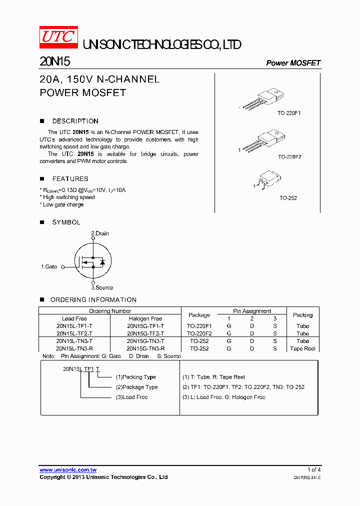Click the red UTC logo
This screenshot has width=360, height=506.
(x=58, y=38)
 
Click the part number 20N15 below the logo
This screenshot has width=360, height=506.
(x=54, y=62)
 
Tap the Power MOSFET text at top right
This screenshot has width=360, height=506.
(x=293, y=63)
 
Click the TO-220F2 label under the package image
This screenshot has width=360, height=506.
(x=289, y=156)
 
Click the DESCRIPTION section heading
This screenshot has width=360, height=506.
(x=75, y=121)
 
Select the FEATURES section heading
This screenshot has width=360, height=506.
(x=70, y=178)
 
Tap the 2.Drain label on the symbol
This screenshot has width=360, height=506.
(x=99, y=233)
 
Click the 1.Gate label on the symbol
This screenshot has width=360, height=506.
(x=49, y=267)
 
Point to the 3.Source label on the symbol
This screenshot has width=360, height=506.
(x=101, y=287)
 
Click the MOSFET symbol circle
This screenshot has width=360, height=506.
(x=92, y=260)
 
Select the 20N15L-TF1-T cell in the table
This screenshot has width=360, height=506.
(x=74, y=326)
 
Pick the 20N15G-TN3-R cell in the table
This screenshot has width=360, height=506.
(x=145, y=348)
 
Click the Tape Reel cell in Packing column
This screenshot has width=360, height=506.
(x=302, y=348)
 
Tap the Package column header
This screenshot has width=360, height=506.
(x=199, y=315)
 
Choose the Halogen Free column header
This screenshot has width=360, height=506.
(x=145, y=318)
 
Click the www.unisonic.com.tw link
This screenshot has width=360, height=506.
(x=68, y=470)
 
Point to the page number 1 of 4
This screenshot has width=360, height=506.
(x=314, y=469)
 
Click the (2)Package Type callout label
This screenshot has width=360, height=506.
(x=136, y=387)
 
